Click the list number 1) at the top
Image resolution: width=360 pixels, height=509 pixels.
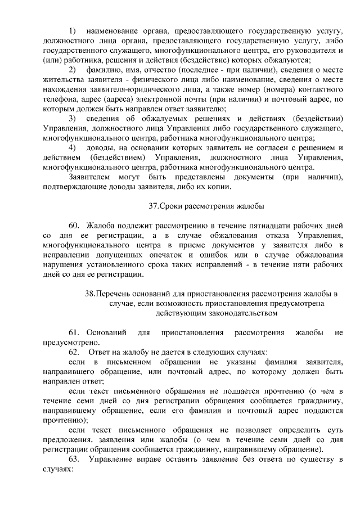click(x=72, y=29)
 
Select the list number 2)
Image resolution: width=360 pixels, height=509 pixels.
click(x=72, y=69)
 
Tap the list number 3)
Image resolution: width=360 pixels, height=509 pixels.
click(x=72, y=119)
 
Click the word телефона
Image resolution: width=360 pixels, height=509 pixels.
click(x=58, y=99)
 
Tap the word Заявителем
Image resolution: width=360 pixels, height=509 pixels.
click(x=91, y=178)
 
